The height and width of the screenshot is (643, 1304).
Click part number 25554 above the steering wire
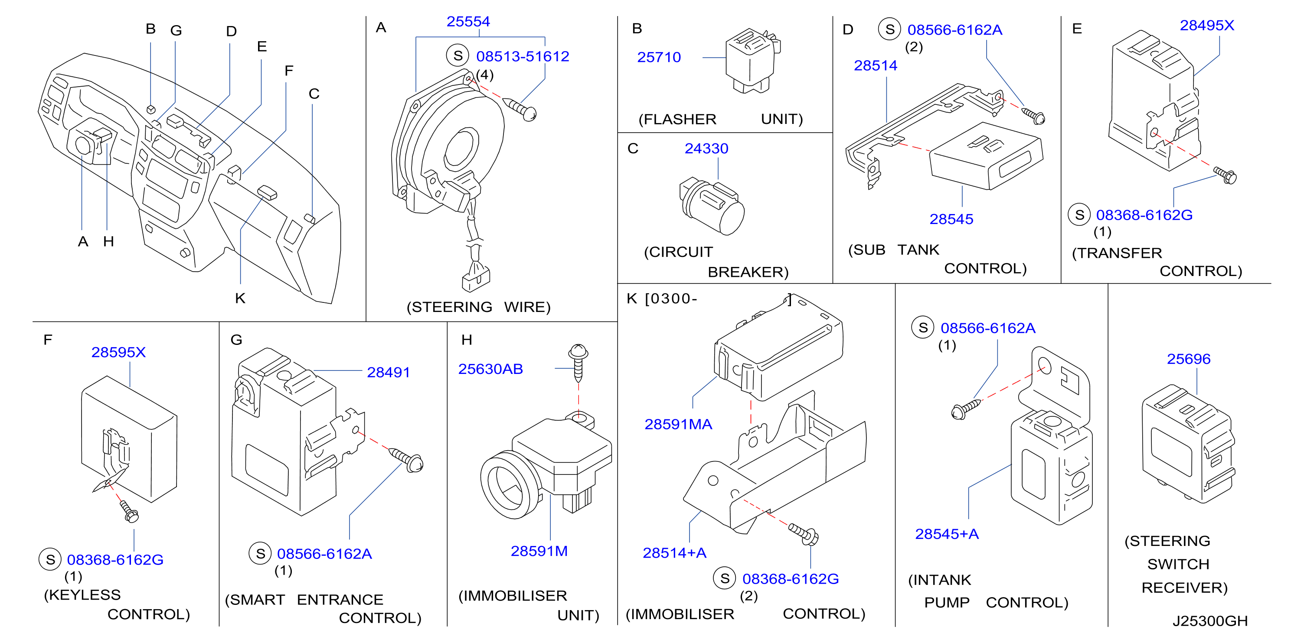pyautogui.click(x=468, y=22)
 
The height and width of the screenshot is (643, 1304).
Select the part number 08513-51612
pyautogui.click(x=523, y=56)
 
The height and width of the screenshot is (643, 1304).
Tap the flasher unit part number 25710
pyautogui.click(x=659, y=57)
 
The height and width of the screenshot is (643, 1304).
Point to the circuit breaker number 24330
pyautogui.click(x=706, y=148)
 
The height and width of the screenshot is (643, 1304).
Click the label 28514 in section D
pyautogui.click(x=875, y=65)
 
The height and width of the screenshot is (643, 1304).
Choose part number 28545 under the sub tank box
pyautogui.click(x=951, y=219)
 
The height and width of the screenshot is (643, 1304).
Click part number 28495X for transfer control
pyautogui.click(x=1207, y=25)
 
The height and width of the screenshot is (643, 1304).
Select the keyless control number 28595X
pyautogui.click(x=118, y=352)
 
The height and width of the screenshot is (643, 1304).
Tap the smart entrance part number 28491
pyautogui.click(x=388, y=372)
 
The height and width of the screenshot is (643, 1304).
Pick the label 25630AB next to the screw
pyautogui.click(x=490, y=369)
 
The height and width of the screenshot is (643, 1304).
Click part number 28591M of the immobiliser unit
pyautogui.click(x=539, y=551)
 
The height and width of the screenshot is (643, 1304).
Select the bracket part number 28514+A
pyautogui.click(x=674, y=553)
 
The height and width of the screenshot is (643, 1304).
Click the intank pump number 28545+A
pyautogui.click(x=947, y=534)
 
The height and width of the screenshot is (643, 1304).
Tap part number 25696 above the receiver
pyautogui.click(x=1189, y=359)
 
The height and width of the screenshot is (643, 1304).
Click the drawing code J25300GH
pyautogui.click(x=1210, y=621)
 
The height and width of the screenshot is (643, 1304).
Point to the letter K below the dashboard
pyautogui.click(x=240, y=298)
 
